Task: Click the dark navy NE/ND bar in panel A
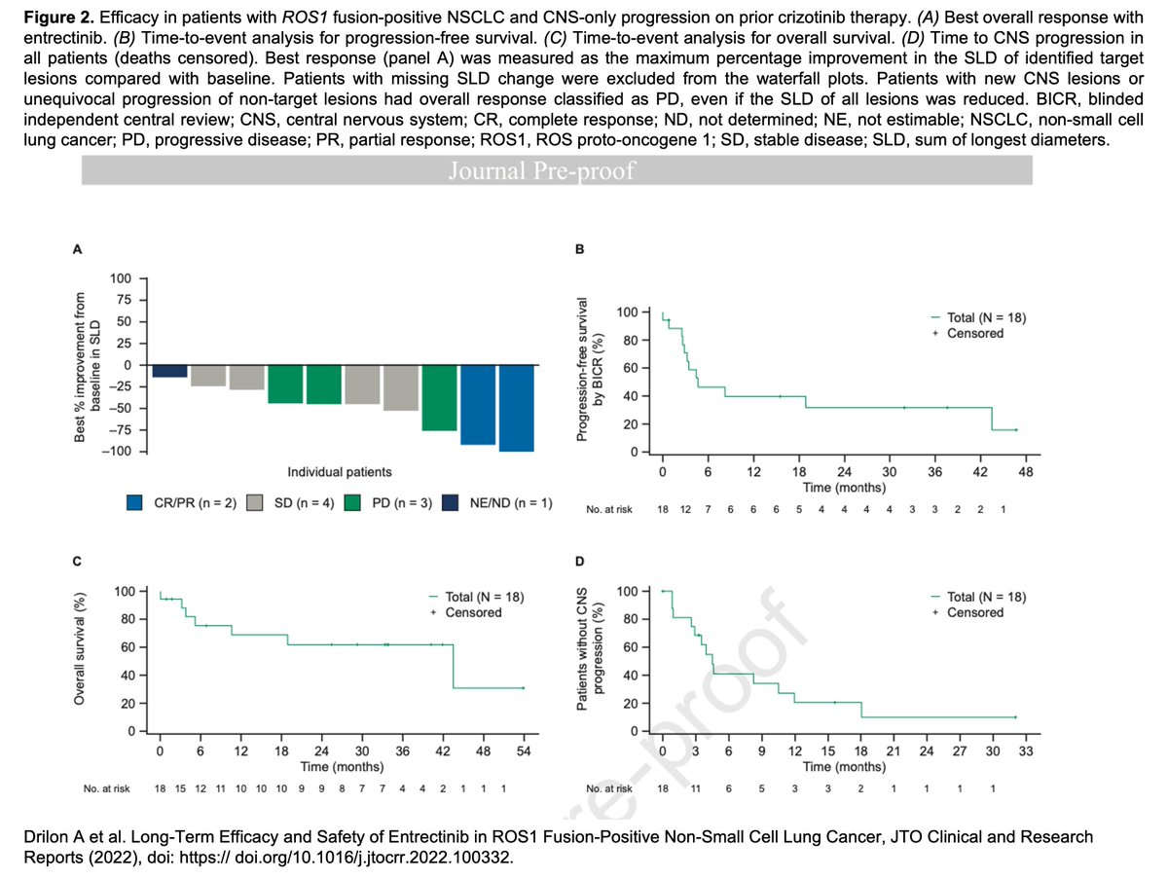click(x=169, y=371)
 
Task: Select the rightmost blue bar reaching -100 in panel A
click(x=516, y=407)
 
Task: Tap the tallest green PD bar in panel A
click(x=439, y=397)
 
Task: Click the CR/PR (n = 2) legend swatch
click(x=135, y=502)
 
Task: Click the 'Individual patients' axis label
click(x=340, y=472)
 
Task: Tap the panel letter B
click(x=581, y=250)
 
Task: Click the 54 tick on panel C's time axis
click(x=523, y=751)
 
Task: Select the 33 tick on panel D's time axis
click(x=1025, y=751)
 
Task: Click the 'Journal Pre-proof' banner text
click(x=556, y=171)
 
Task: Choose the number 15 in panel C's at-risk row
click(x=179, y=787)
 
